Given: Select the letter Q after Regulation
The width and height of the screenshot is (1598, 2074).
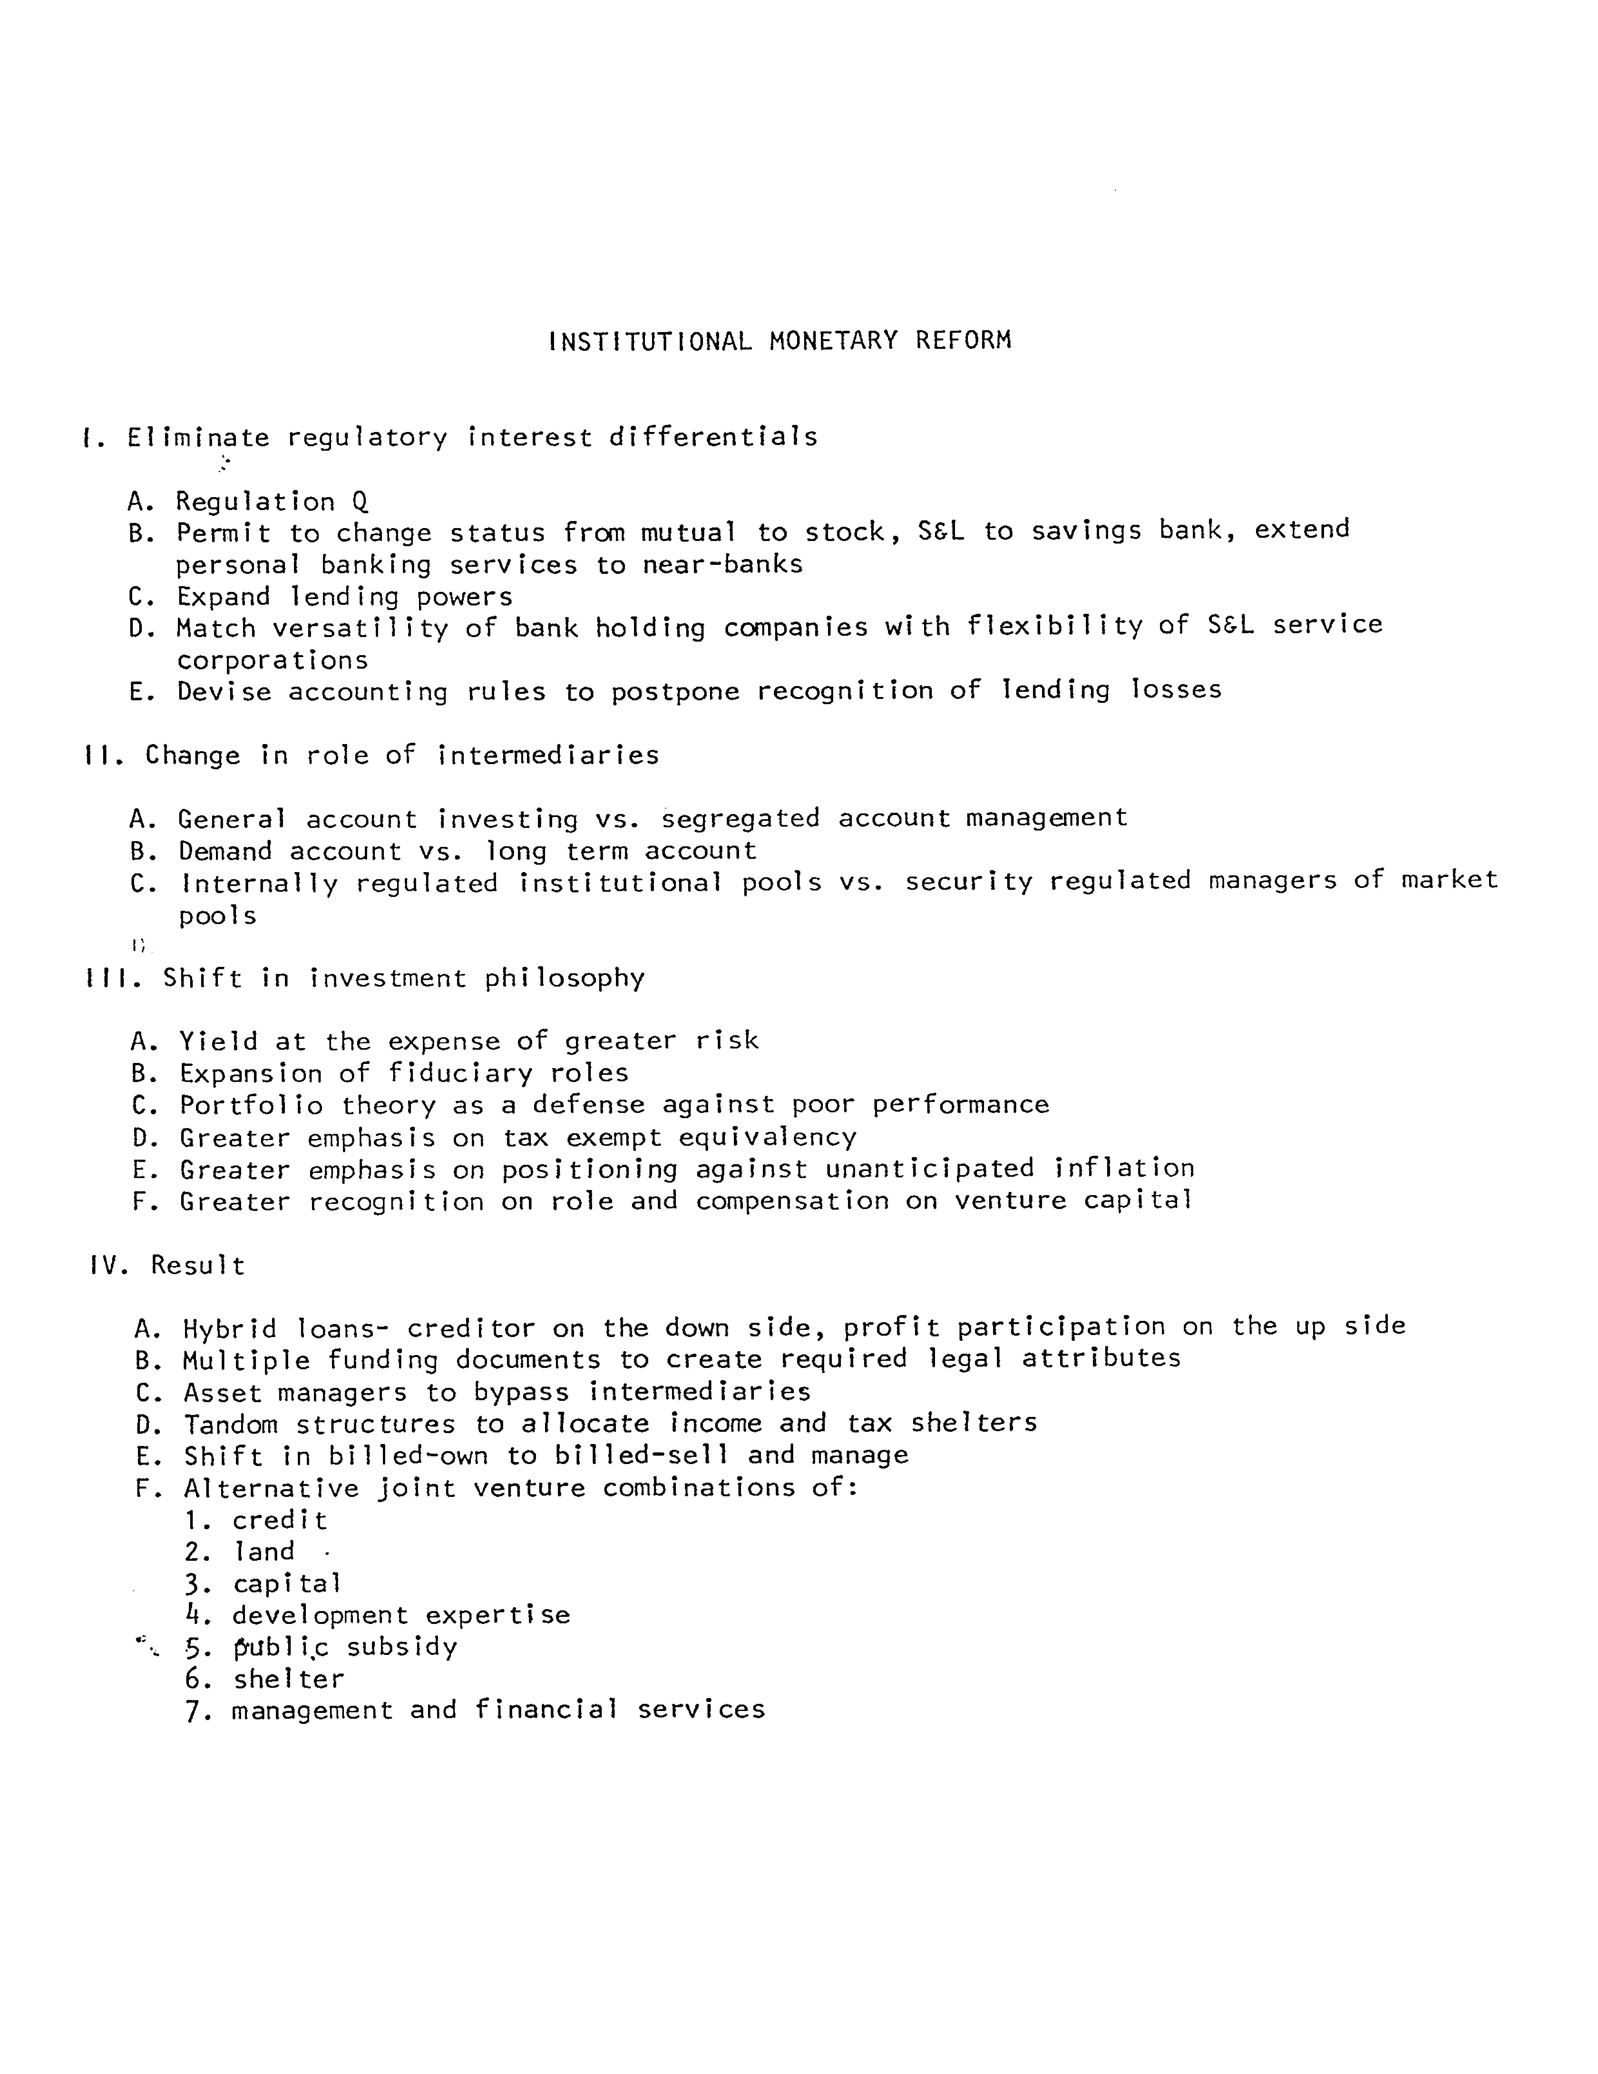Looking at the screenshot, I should [x=359, y=501].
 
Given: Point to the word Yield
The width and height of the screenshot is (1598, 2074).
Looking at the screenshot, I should [x=219, y=1042].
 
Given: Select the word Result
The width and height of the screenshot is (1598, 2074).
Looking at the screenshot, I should [x=198, y=1266].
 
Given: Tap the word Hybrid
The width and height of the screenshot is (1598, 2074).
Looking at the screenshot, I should [x=230, y=1329].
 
